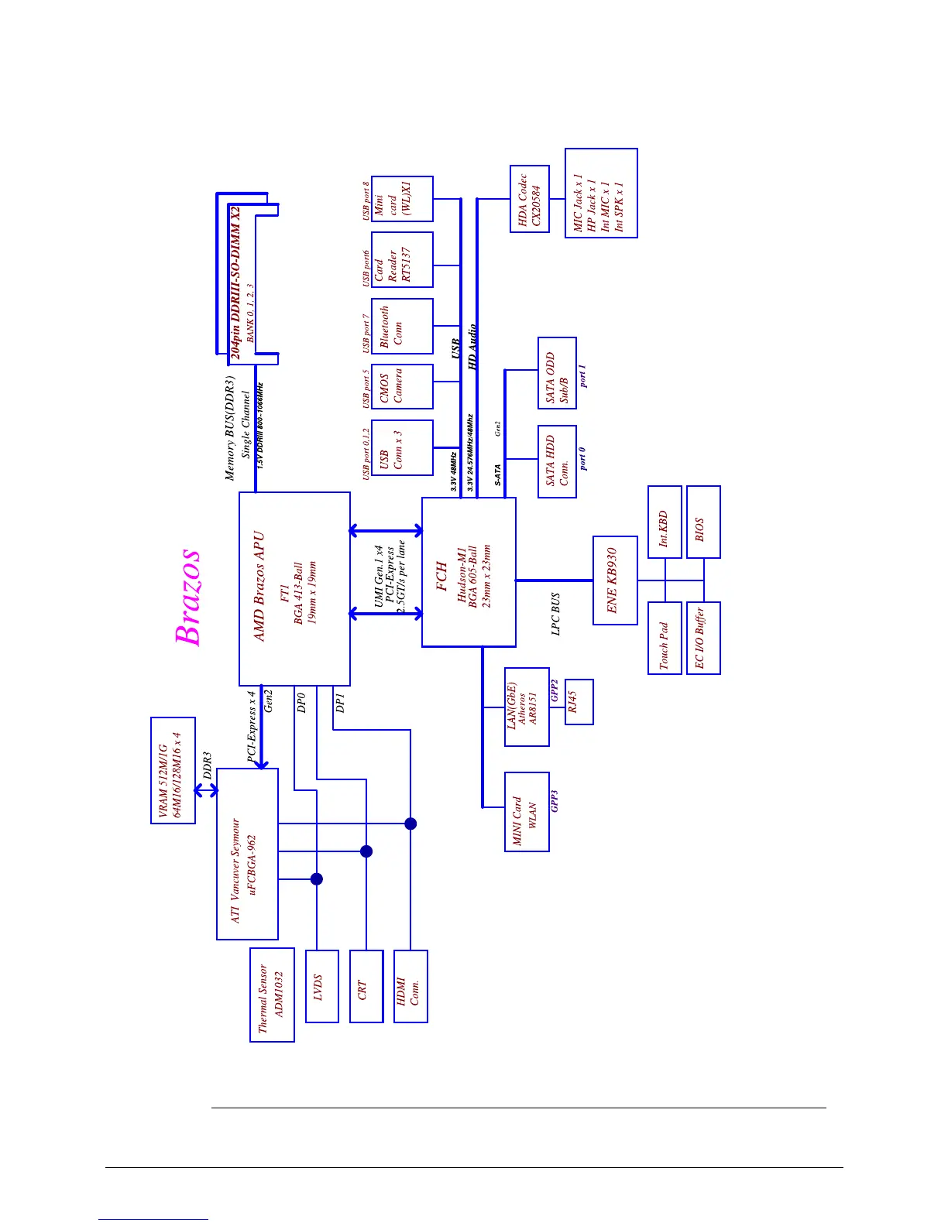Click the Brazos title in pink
pos(188,597)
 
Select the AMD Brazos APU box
pos(294,588)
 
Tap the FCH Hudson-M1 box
pos(469,572)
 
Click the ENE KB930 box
pos(615,580)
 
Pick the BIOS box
pos(703,522)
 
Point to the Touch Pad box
pos(665,638)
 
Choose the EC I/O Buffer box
pos(703,638)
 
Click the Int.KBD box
pos(665,522)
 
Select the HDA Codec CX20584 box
pos(530,199)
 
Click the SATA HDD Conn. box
pos(557,461)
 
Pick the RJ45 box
pos(579,702)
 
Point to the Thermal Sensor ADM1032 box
pos(272,995)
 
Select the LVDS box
pos(322,986)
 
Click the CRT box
pos(366,986)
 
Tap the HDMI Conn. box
pos(410,986)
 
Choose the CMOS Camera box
pos(402,386)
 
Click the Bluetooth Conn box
pos(402,326)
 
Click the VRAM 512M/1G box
pos(173,770)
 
